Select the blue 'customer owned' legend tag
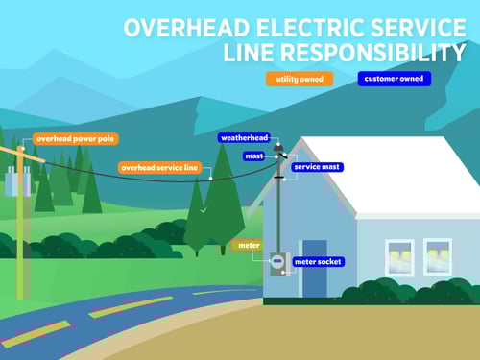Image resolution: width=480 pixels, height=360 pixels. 394,79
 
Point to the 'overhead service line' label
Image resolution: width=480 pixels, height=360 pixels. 159,167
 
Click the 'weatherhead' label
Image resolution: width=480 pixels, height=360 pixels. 244,138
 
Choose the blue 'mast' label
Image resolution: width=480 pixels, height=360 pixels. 253,155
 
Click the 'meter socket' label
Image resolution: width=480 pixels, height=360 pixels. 318,261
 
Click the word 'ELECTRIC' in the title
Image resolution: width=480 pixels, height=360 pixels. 296,26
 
